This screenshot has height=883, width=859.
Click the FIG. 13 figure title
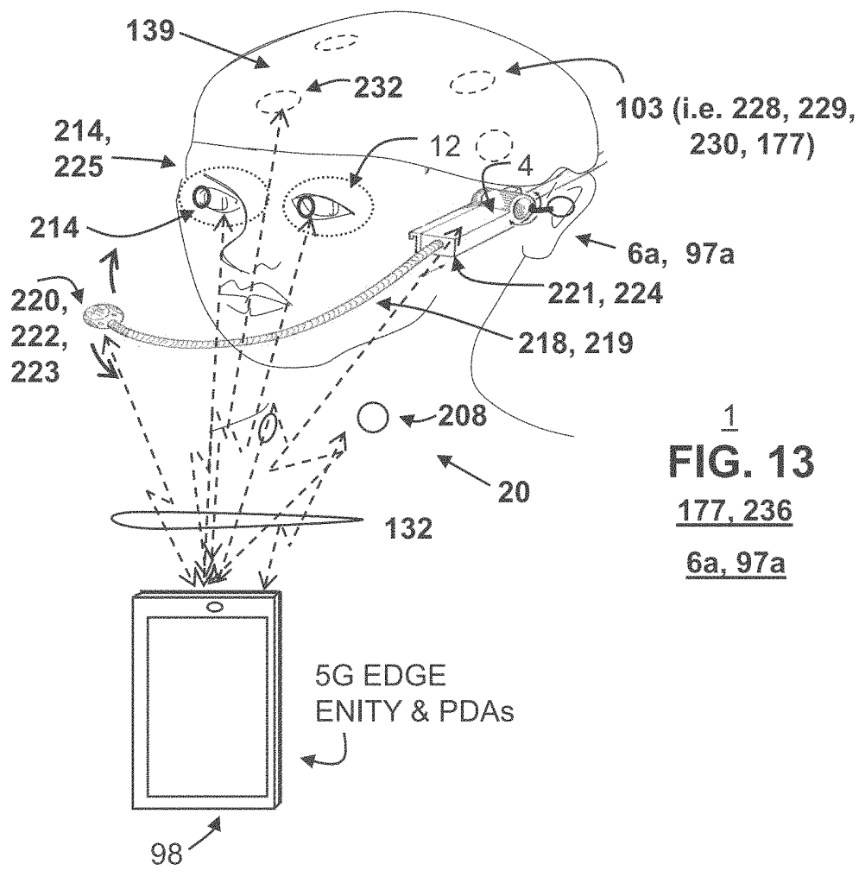click(742, 462)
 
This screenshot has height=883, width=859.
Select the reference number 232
click(378, 86)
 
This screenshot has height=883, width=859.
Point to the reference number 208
click(462, 416)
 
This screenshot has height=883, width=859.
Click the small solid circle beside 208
click(372, 417)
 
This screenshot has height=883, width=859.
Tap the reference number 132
click(408, 528)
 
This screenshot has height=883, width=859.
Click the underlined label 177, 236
click(735, 511)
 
